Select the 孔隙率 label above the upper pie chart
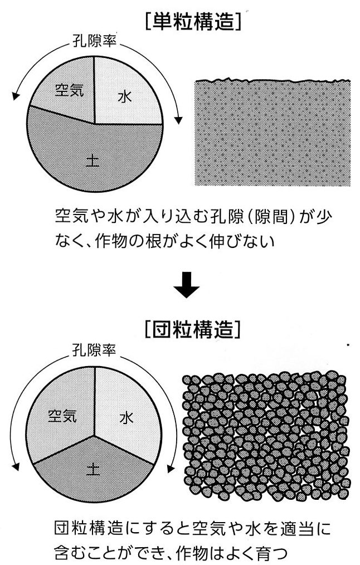coord(94,41)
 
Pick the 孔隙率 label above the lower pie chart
coord(94,349)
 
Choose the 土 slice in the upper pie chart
coord(94,155)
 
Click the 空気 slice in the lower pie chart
coord(61,415)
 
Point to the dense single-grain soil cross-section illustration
coord(273,132)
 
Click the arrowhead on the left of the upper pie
coord(15,96)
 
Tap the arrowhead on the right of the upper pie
coord(178,120)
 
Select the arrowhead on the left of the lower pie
coord(15,466)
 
